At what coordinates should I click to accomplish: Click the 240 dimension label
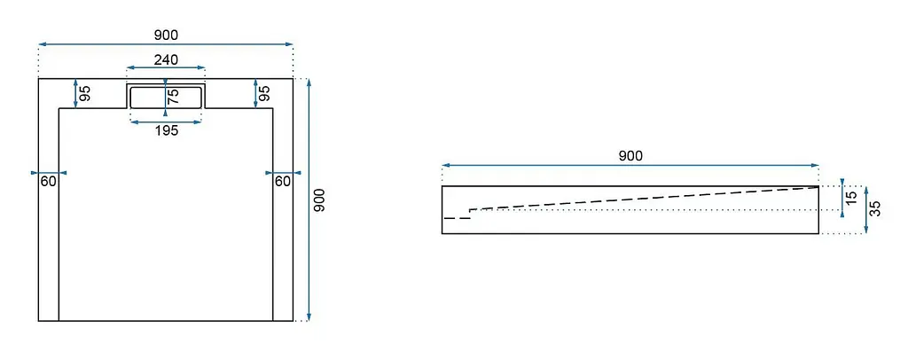(x=166, y=59)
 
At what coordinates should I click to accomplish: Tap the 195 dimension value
(x=166, y=131)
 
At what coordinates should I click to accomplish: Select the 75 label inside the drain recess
(x=173, y=96)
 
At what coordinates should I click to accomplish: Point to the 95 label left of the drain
(x=85, y=94)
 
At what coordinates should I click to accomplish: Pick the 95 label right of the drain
(x=264, y=94)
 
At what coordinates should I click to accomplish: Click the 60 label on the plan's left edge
(x=49, y=182)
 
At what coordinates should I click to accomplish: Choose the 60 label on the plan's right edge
(x=283, y=182)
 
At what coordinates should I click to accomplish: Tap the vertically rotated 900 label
(x=319, y=200)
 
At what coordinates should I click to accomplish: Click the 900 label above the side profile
(x=630, y=156)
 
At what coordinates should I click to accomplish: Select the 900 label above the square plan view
(x=166, y=35)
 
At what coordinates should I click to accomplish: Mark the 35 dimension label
(x=875, y=208)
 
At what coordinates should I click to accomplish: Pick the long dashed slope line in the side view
(x=644, y=198)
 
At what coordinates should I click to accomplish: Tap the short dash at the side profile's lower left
(x=457, y=218)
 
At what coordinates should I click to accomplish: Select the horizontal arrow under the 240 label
(x=166, y=67)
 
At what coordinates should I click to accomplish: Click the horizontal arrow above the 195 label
(x=166, y=122)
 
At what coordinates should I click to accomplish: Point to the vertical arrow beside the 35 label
(x=865, y=209)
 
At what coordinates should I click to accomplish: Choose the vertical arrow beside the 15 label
(x=842, y=198)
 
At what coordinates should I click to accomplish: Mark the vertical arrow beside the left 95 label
(x=76, y=93)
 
